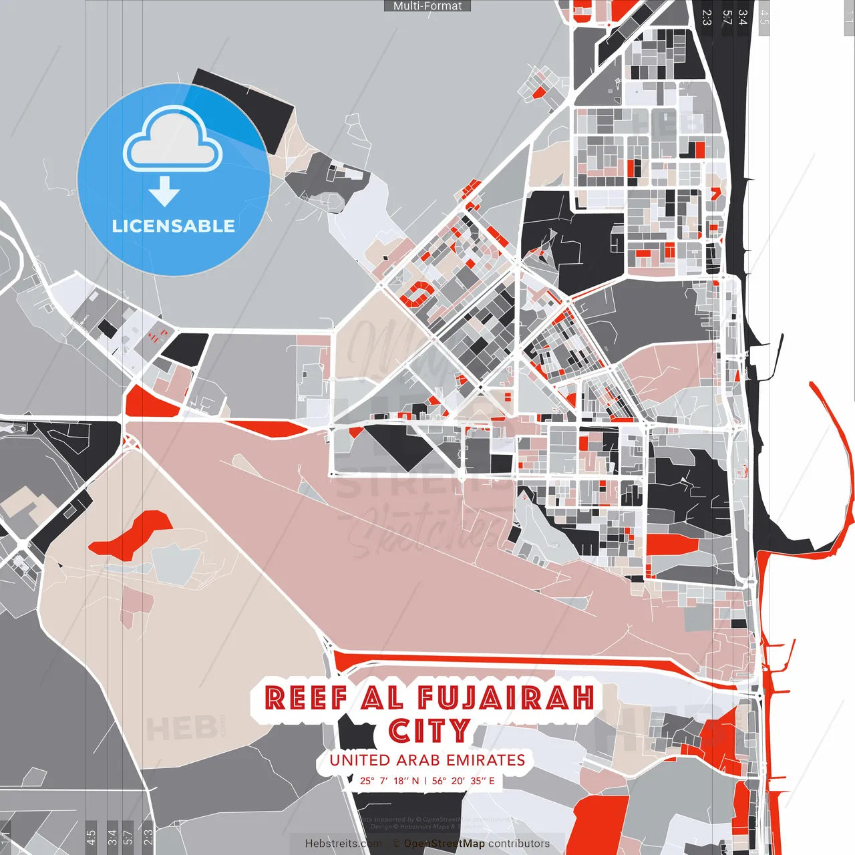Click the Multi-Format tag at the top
pyautogui.click(x=427, y=6)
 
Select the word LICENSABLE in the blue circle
pyautogui.click(x=174, y=226)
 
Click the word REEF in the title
pyautogui.click(x=305, y=698)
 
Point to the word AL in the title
pyautogui.click(x=382, y=698)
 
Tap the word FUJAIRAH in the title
pyautogui.click(x=506, y=698)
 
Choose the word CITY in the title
pyautogui.click(x=430, y=731)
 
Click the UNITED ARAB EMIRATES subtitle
pyautogui.click(x=427, y=760)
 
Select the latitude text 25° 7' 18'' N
pyautogui.click(x=389, y=781)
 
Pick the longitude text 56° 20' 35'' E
pyautogui.click(x=464, y=781)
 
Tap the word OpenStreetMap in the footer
pyautogui.click(x=444, y=844)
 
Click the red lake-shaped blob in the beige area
pyautogui.click(x=134, y=534)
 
